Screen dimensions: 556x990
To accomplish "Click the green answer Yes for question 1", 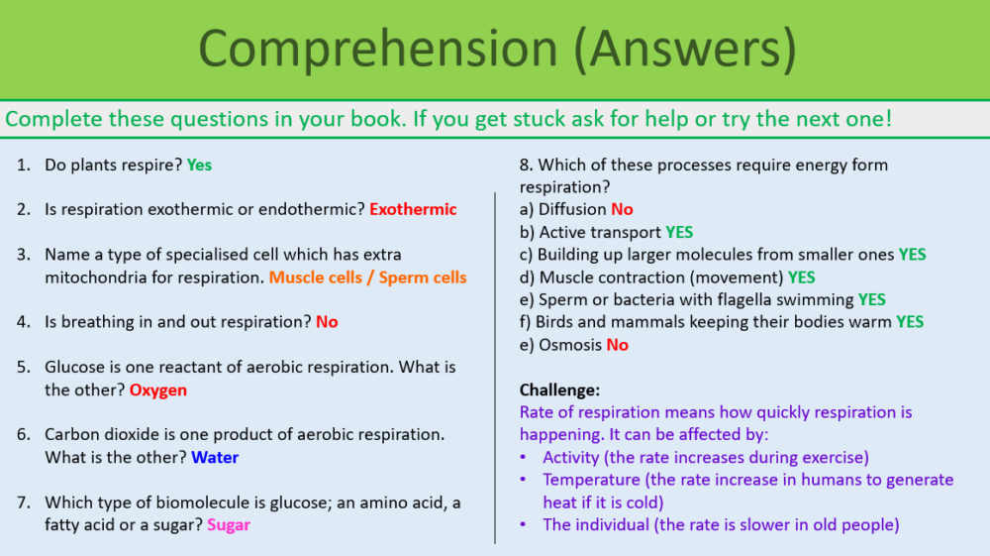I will click(199, 165).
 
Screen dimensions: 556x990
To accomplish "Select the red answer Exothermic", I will click(413, 209).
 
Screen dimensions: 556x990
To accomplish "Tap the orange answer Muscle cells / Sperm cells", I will click(367, 278).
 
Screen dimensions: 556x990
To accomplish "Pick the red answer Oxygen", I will click(158, 389).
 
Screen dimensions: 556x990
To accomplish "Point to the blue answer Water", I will click(215, 457).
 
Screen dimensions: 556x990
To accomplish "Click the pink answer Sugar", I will click(229, 524).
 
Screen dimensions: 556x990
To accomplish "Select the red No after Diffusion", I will click(622, 209).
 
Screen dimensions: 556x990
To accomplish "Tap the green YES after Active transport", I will click(679, 232).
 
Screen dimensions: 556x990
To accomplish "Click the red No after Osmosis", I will click(617, 345).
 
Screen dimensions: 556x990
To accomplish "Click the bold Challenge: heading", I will click(559, 389).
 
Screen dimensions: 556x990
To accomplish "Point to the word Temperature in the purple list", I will click(591, 480).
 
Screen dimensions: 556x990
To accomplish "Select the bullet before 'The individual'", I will click(524, 525).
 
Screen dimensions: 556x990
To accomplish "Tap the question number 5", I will click(23, 367).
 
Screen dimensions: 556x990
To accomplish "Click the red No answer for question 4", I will click(327, 322).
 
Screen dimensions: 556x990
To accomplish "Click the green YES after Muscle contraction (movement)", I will click(802, 277).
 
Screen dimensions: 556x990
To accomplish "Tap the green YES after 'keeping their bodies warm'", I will click(909, 321).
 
